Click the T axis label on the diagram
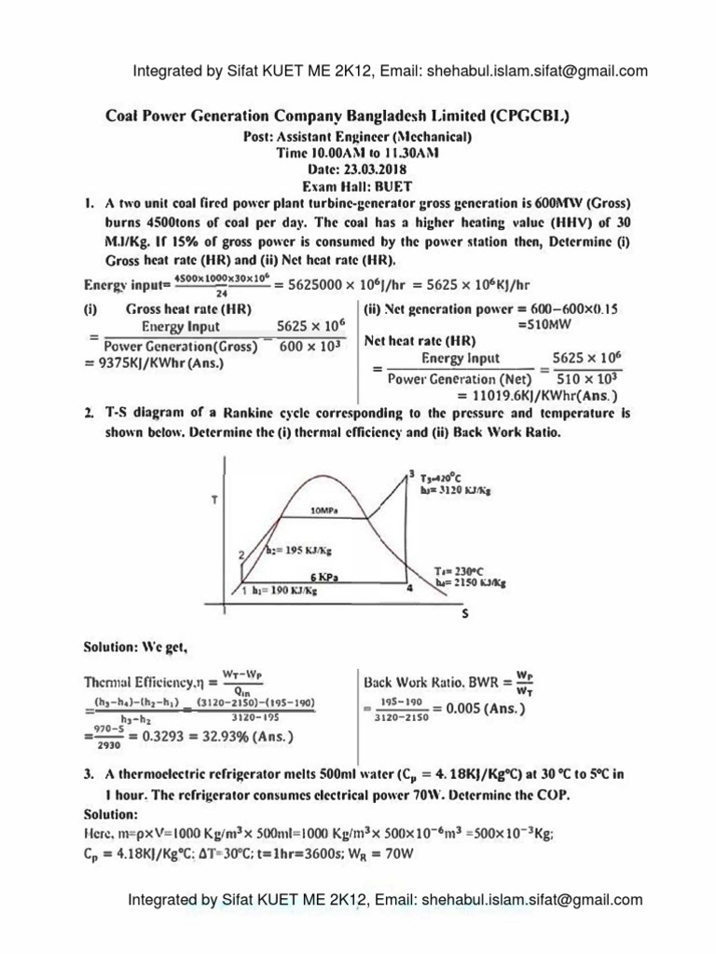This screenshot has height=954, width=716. (x=215, y=500)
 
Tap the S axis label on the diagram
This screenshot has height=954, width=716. (x=464, y=616)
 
